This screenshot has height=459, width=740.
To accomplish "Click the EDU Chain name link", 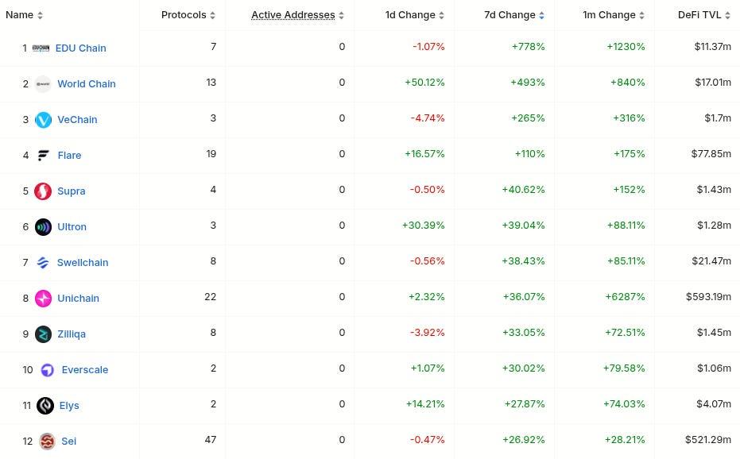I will [80, 48].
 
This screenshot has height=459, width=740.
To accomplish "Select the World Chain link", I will [86, 83].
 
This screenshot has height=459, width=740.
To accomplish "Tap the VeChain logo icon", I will [44, 119].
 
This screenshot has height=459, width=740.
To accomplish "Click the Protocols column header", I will [184, 15].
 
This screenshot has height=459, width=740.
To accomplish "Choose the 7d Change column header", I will [509, 15].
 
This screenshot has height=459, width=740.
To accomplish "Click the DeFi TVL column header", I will [699, 15].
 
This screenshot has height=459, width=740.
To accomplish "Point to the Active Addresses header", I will [293, 15].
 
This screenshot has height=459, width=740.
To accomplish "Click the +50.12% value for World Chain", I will [424, 83].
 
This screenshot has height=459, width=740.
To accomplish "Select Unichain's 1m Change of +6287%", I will [626, 297].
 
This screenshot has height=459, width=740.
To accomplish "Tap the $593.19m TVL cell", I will [708, 297].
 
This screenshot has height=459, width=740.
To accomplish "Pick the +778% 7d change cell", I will [529, 47].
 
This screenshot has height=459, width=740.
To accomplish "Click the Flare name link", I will [69, 155].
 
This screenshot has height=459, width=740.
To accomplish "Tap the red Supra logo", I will [44, 191].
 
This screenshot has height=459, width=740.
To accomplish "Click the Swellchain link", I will [83, 262].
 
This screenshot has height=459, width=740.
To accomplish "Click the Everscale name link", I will [84, 369].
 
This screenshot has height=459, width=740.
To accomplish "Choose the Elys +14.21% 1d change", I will [424, 404].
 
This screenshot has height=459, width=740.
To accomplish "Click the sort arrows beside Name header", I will [41, 16].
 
